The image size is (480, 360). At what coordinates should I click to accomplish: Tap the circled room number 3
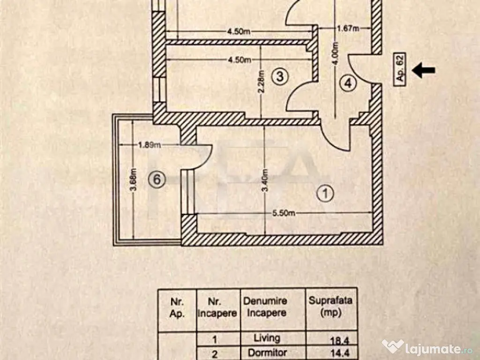(279, 76)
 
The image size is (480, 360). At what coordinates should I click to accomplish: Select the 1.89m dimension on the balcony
(150, 145)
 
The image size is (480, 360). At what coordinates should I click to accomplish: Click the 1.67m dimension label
(348, 29)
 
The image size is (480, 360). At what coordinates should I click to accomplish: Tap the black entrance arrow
(423, 71)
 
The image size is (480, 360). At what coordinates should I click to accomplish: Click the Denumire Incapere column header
(265, 307)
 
